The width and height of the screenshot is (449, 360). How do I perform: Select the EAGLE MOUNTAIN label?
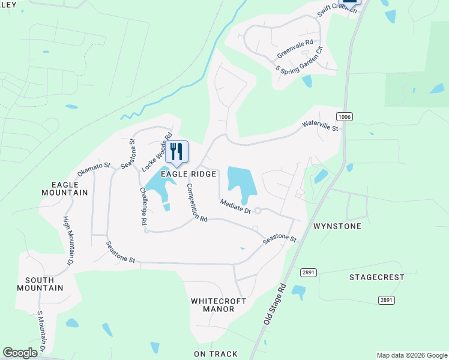click(65, 188)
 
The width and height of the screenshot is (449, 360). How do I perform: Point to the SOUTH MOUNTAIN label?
click(44, 284)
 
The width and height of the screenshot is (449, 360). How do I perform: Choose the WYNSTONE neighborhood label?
click(337, 226)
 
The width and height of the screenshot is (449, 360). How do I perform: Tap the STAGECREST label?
click(377, 277)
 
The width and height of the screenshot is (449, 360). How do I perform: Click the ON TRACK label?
click(215, 354)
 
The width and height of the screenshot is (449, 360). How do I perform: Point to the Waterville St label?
click(321, 125)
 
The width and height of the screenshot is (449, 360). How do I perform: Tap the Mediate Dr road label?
click(235, 206)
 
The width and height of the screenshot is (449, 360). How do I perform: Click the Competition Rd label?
click(196, 203)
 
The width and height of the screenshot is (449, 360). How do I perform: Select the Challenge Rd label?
click(143, 206)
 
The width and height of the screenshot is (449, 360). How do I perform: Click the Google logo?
click(20, 353)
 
